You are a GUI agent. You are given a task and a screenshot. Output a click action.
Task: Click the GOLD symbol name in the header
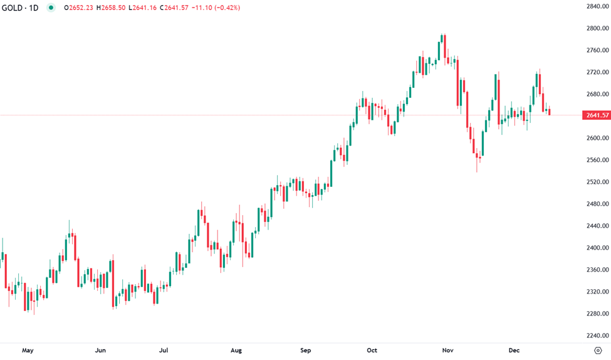[13, 8]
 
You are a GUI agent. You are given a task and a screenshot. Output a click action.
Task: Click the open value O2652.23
[80, 8]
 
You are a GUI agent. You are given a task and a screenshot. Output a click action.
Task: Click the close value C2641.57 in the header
[177, 8]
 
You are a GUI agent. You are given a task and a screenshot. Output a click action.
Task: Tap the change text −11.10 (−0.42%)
[217, 8]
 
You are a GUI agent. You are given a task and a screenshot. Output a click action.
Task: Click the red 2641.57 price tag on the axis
[596, 115]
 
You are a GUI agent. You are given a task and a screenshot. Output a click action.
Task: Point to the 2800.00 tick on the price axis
[597, 28]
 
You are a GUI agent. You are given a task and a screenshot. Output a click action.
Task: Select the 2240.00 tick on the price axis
[597, 336]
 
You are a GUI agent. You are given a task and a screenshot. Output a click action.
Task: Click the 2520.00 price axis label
[597, 182]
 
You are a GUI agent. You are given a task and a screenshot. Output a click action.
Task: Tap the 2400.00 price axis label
[597, 248]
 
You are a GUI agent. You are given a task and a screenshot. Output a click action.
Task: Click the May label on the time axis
[28, 350]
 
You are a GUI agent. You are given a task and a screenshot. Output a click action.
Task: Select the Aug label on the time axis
[236, 350]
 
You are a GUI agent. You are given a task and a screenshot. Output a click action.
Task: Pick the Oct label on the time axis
[372, 350]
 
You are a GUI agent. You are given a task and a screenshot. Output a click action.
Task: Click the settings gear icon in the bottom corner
[598, 350]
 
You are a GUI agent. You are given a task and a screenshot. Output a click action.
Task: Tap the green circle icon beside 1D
[51, 8]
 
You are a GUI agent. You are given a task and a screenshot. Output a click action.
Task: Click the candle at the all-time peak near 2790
[443, 38]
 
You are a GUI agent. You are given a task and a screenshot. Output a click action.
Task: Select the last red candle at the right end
[550, 112]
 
